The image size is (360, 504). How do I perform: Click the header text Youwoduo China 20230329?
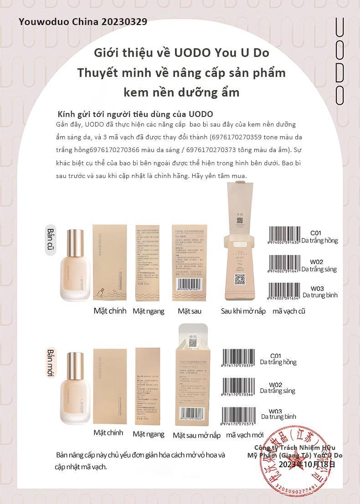tap(83, 22)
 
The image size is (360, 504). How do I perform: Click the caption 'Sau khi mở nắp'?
tap(243, 311)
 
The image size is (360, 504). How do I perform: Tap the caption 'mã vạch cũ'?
tap(289, 311)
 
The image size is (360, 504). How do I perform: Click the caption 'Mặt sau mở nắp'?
tap(196, 435)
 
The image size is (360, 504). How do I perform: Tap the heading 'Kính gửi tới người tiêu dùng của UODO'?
tap(135, 113)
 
